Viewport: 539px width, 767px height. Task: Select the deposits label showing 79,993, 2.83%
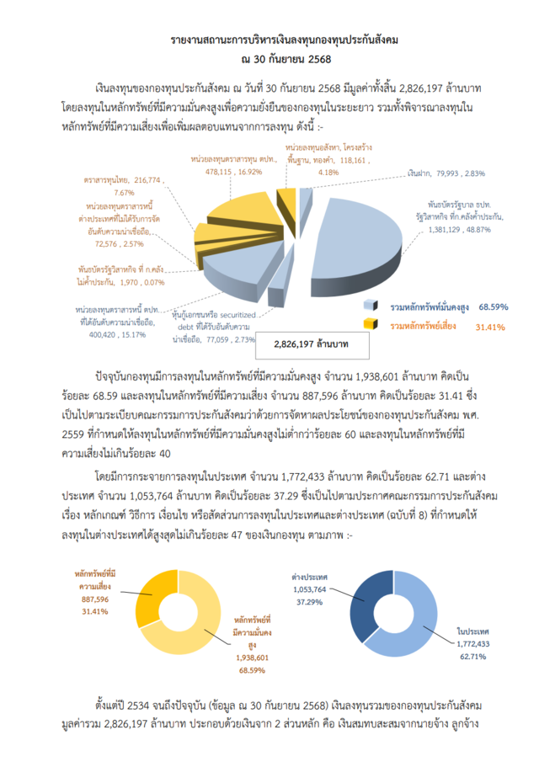click(437, 173)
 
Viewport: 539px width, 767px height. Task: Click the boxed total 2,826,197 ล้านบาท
click(312, 345)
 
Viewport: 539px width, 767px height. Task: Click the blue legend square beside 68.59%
click(369, 306)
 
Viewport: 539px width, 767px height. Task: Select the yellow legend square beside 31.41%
click(369, 324)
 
